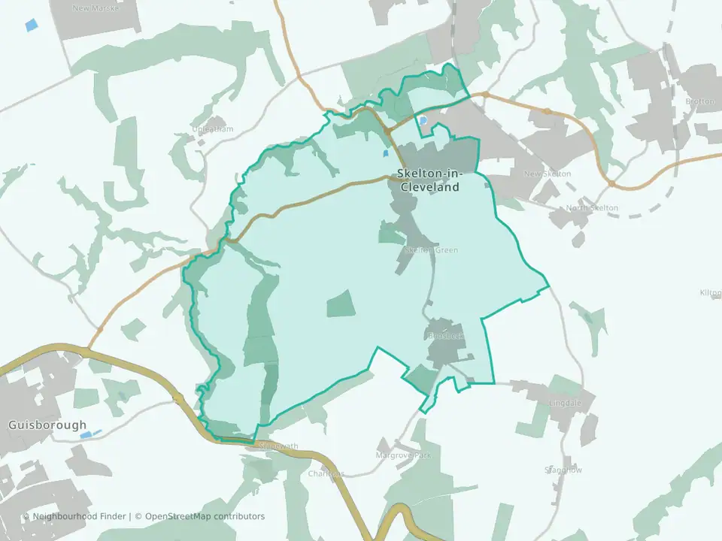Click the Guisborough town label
pyautogui.click(x=47, y=425)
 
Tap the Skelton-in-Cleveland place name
pyautogui.click(x=429, y=182)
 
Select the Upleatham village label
pyautogui.click(x=213, y=129)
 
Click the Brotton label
pyautogui.click(x=699, y=101)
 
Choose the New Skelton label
pyautogui.click(x=547, y=174)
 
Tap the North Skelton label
pyautogui.click(x=593, y=208)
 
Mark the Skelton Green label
pyautogui.click(x=431, y=250)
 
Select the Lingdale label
pyautogui.click(x=566, y=403)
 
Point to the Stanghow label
pyautogui.click(x=563, y=470)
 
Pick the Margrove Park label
pyautogui.click(x=404, y=455)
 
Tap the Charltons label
pyautogui.click(x=326, y=474)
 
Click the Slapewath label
pyautogui.click(x=278, y=446)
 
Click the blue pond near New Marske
pyautogui.click(x=31, y=24)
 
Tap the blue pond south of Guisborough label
pyautogui.click(x=89, y=434)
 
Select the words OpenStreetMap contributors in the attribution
pyautogui.click(x=205, y=516)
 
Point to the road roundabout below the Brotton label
pyautogui.click(x=612, y=183)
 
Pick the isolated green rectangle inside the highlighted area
pyautogui.click(x=340, y=303)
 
